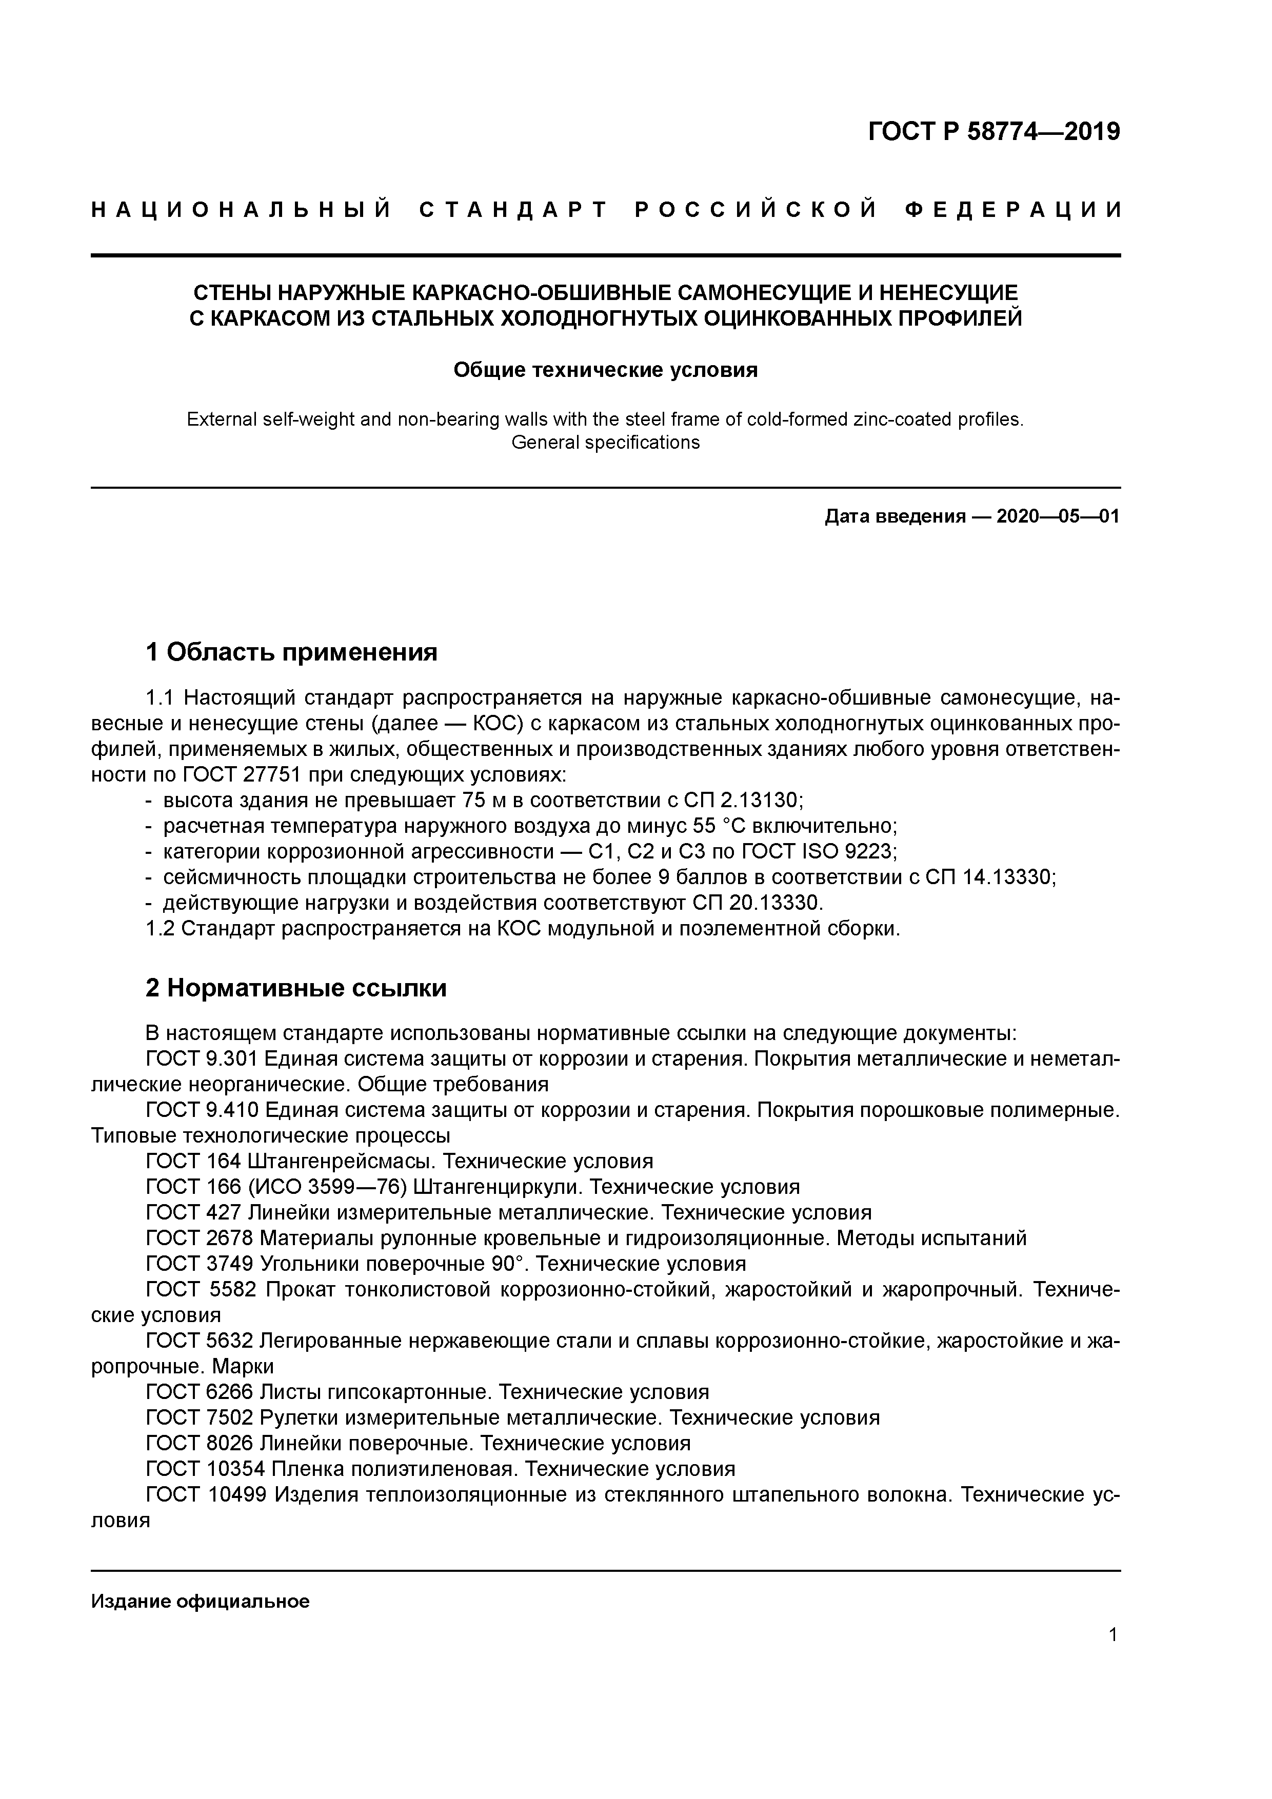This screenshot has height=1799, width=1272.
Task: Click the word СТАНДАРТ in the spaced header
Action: click(x=513, y=210)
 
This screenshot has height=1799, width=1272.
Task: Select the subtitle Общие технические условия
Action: click(x=605, y=370)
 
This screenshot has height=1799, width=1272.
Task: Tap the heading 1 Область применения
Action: click(x=291, y=652)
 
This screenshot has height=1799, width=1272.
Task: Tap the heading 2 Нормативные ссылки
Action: click(x=296, y=989)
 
